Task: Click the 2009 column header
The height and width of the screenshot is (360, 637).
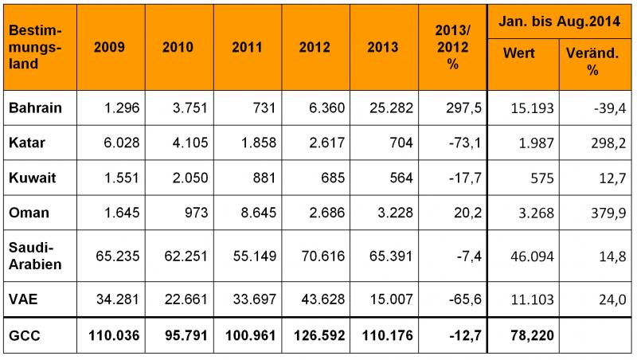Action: click(109, 47)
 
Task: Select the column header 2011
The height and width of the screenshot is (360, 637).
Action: click(247, 47)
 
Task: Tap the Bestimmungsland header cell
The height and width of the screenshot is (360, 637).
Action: click(36, 47)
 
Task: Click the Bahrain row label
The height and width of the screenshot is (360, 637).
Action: click(35, 108)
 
